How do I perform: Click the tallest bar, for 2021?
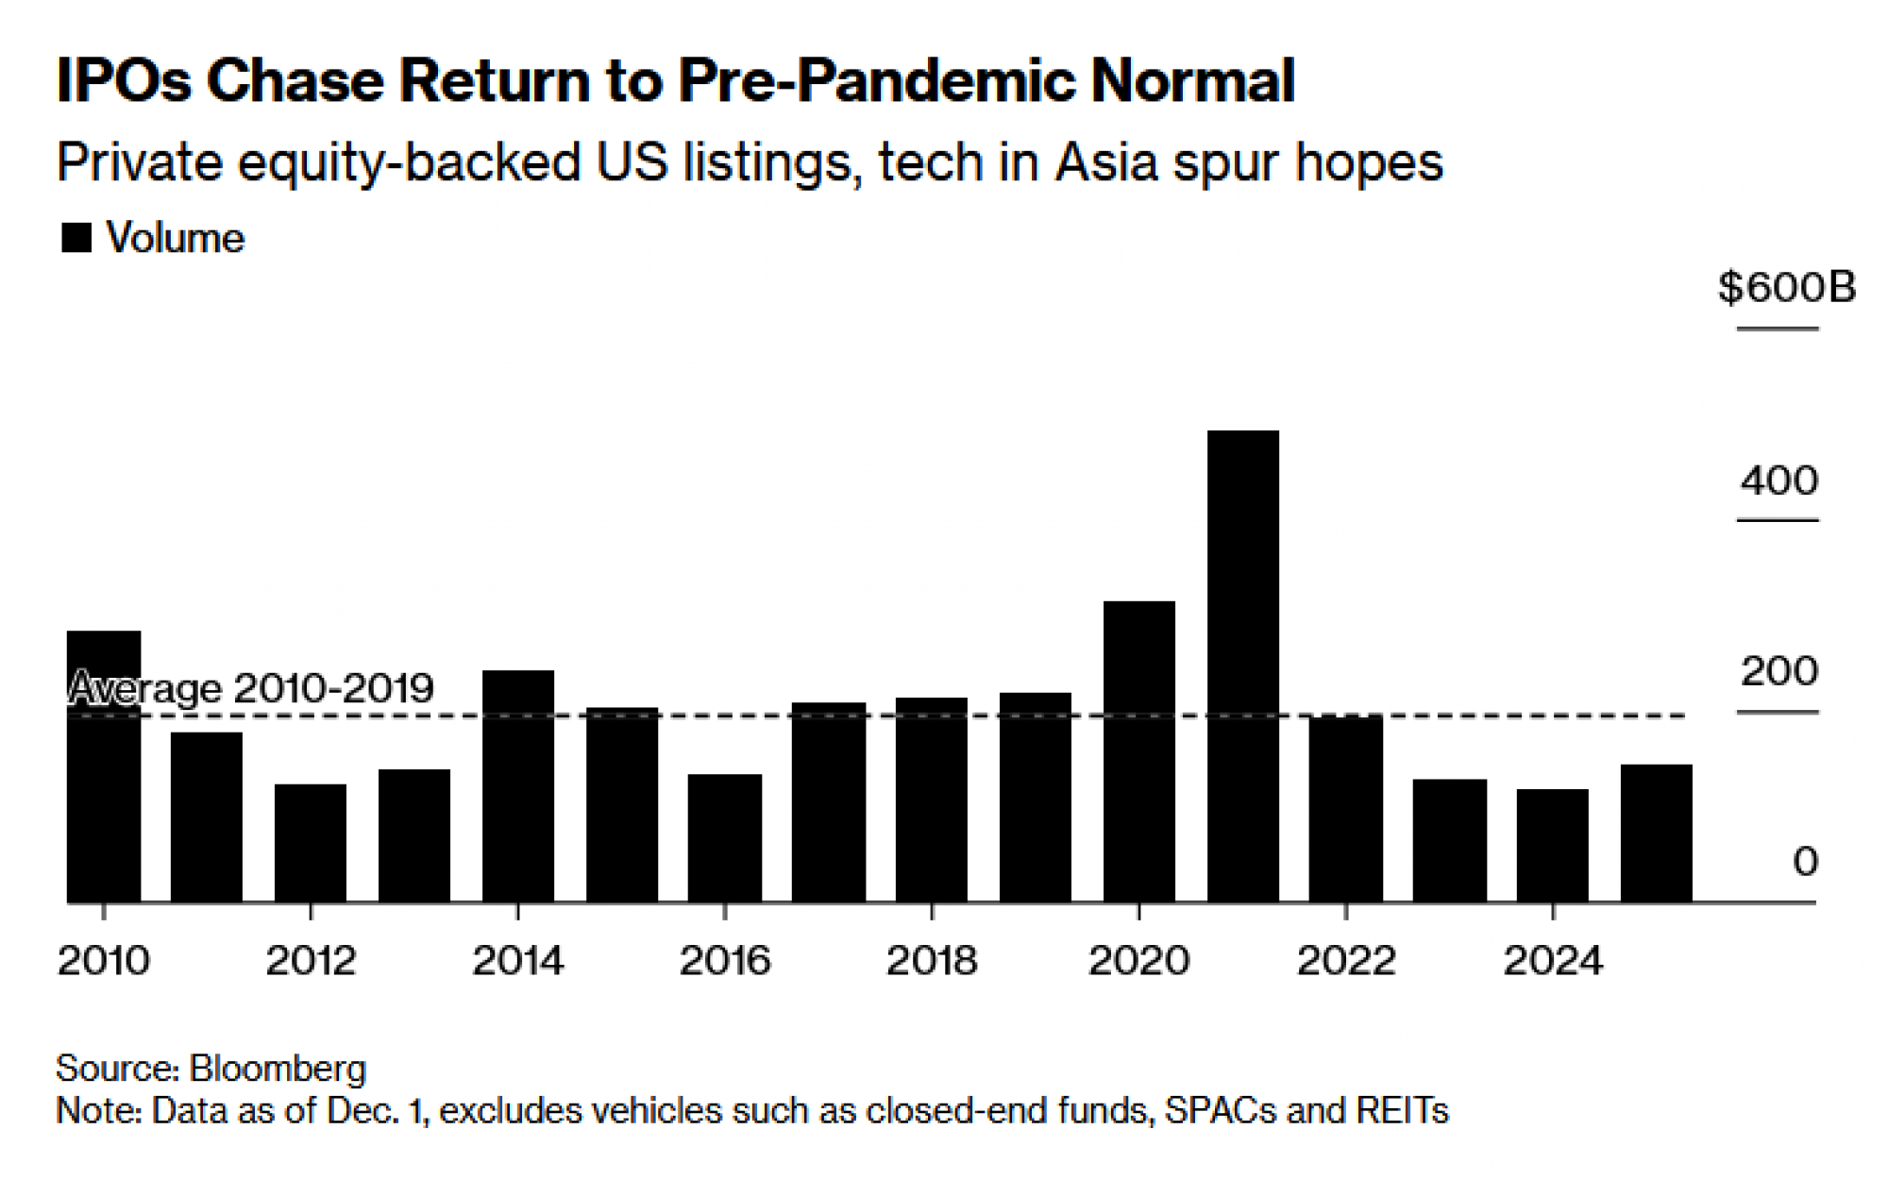coord(1242,666)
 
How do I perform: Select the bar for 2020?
coord(1138,750)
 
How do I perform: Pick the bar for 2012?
coord(311,842)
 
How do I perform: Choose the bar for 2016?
coord(724,837)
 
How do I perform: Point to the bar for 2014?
coord(517,785)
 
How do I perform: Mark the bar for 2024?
coord(1552,845)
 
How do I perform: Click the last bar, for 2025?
coord(1656,833)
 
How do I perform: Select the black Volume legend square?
coord(76,238)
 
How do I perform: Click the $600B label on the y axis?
coord(1785,287)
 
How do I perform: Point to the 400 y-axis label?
coord(1778,480)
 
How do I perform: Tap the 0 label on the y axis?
coord(1805,861)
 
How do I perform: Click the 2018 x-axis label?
coord(932,961)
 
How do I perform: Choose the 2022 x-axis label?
coord(1345,961)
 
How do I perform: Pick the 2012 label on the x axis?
coord(311,961)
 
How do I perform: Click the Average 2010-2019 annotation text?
coord(252,687)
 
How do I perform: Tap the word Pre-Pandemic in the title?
coord(877,80)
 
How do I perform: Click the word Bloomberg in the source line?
coord(278,1068)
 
